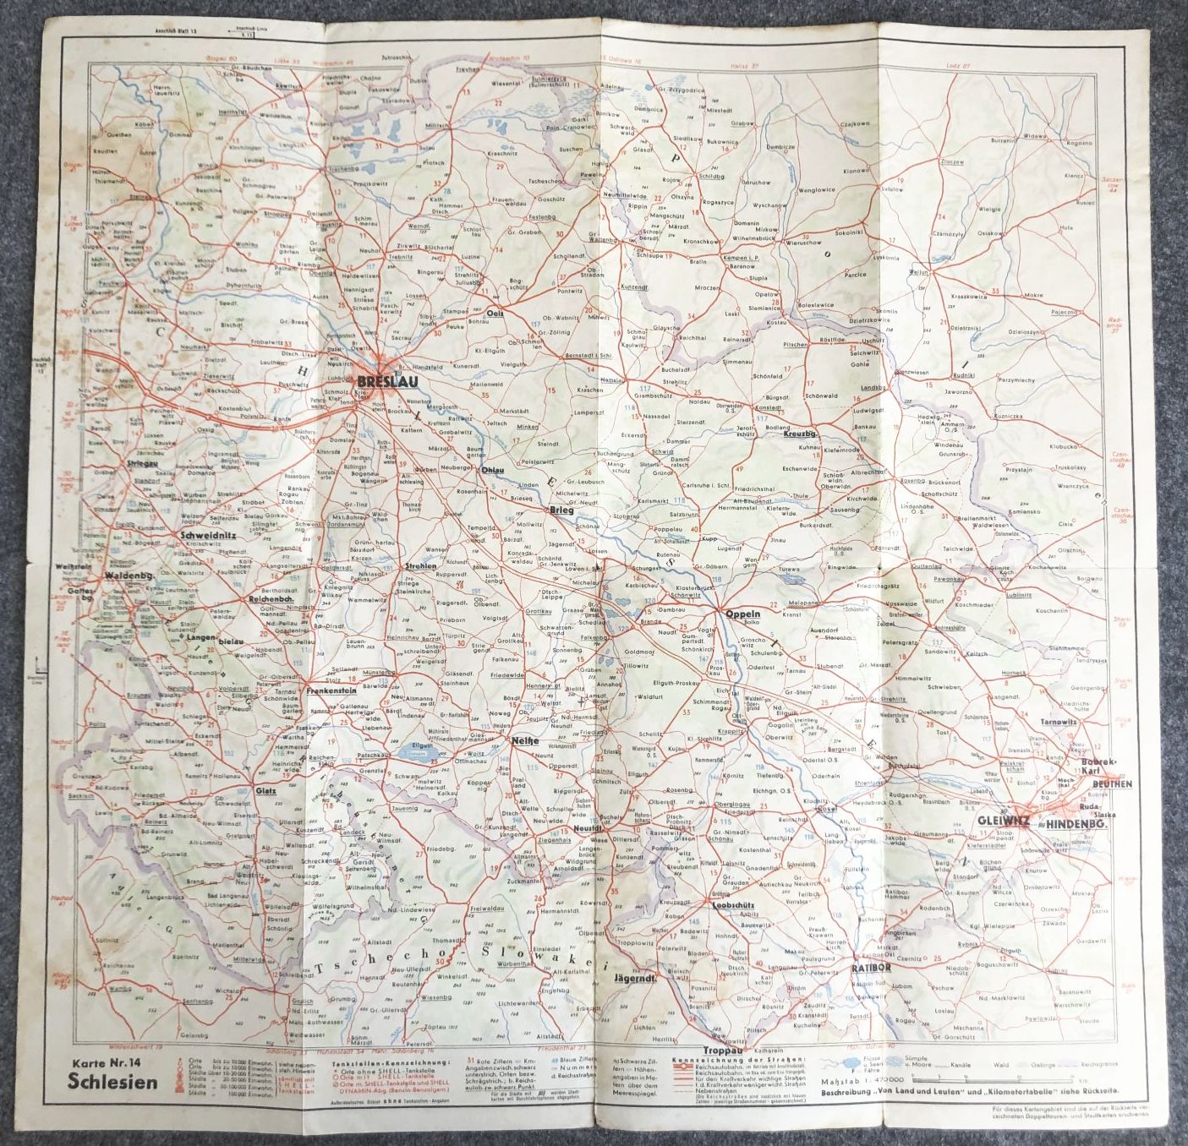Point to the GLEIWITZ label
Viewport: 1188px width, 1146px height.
point(1004,820)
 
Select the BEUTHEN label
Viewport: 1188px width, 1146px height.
point(1111,783)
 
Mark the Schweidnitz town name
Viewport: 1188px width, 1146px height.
point(206,535)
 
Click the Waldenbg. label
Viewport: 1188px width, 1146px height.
point(129,576)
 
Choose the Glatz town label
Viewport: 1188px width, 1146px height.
point(266,791)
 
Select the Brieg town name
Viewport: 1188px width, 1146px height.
point(561,510)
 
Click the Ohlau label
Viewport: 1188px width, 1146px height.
point(492,469)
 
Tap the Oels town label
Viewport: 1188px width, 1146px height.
point(495,313)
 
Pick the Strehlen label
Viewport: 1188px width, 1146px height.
point(419,565)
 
